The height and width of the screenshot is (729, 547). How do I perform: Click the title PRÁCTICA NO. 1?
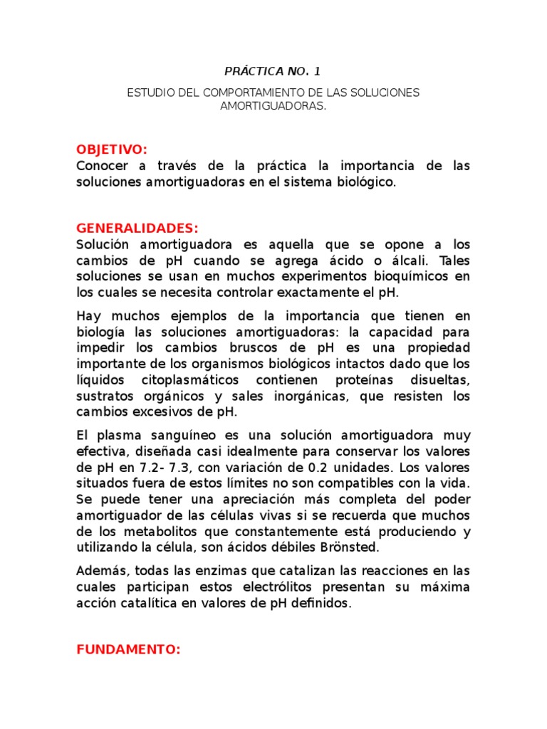click(x=273, y=71)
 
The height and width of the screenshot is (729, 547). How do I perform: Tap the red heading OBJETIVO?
click(x=112, y=149)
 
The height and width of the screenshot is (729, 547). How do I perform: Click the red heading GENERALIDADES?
click(x=137, y=229)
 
